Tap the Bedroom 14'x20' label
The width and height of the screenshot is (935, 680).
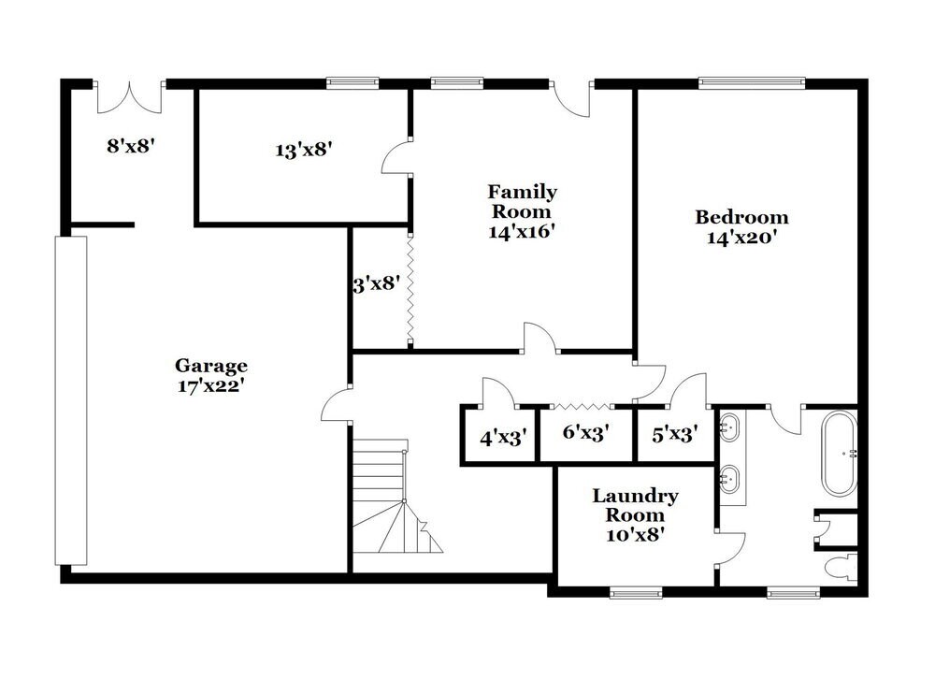(x=741, y=227)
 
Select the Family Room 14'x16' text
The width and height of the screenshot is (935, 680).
(x=522, y=211)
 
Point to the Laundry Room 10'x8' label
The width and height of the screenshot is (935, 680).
(x=635, y=515)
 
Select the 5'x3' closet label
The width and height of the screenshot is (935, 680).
(x=673, y=435)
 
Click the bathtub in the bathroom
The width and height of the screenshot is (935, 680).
(x=838, y=455)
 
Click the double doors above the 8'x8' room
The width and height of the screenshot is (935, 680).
(x=130, y=96)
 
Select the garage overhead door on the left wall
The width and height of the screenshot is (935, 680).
(x=71, y=400)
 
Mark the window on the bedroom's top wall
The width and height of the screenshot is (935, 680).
(x=752, y=82)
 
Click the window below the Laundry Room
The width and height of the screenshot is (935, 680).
(x=636, y=592)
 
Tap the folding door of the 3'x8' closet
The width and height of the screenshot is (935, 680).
(x=410, y=289)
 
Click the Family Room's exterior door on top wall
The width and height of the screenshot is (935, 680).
(x=573, y=97)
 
